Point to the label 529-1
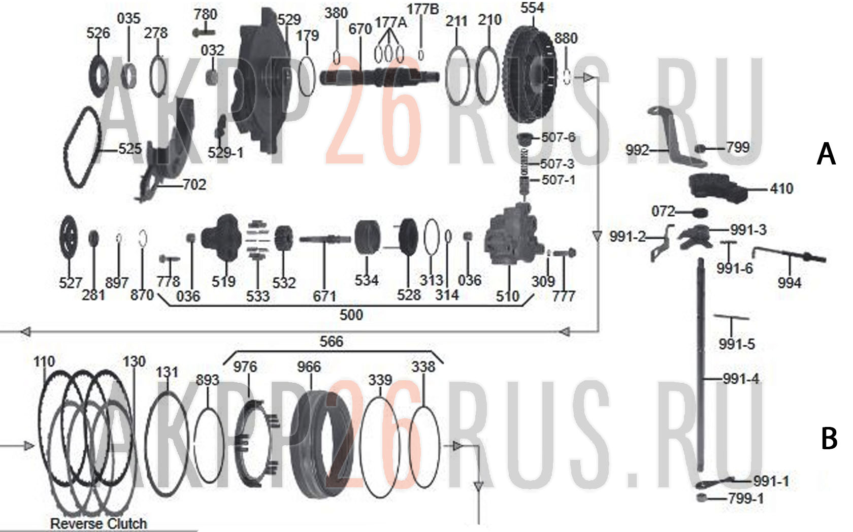click(225, 153)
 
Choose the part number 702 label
click(194, 185)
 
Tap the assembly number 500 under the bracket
click(351, 315)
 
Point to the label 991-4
click(741, 379)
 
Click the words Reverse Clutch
click(99, 523)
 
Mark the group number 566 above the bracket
click(331, 341)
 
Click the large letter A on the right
click(826, 154)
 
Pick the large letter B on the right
click(829, 438)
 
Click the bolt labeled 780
click(204, 32)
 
